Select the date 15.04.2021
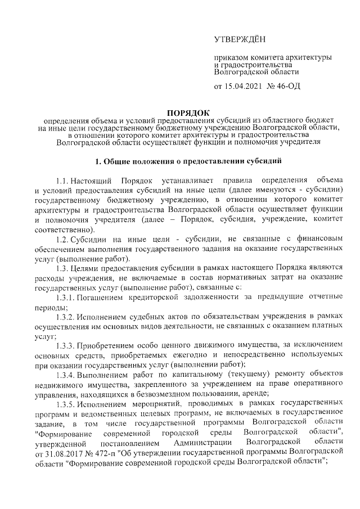point(244,87)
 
